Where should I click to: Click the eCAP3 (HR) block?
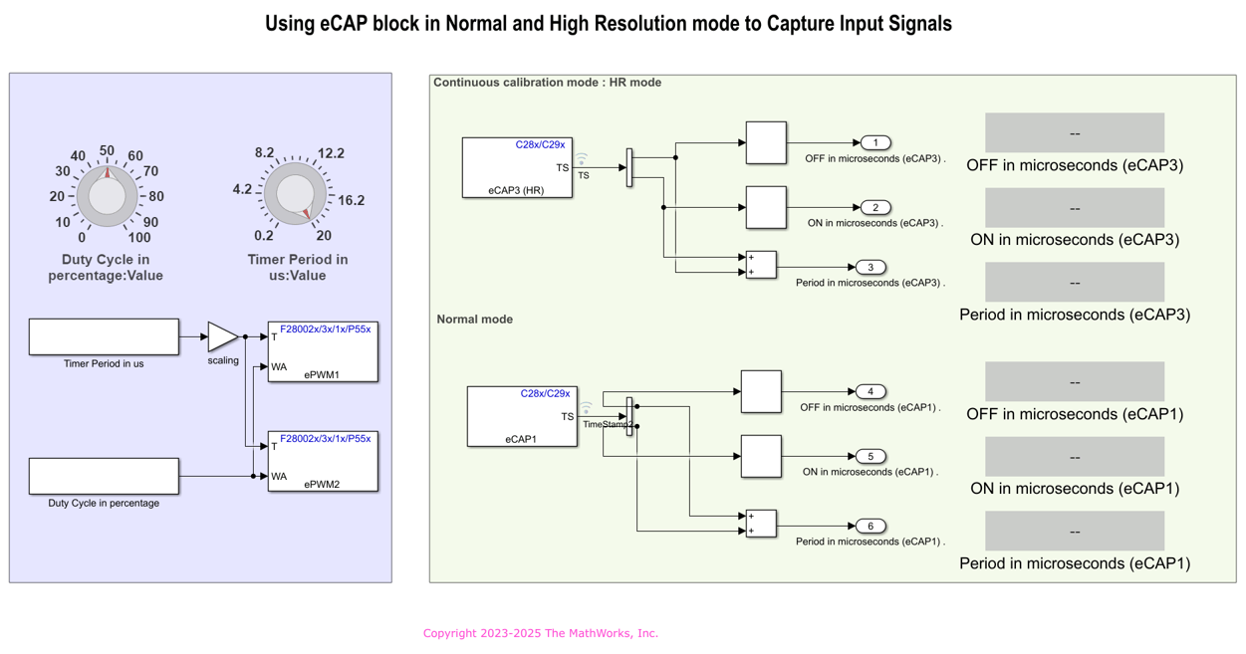click(517, 167)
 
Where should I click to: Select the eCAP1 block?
click(522, 416)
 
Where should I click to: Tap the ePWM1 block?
click(323, 351)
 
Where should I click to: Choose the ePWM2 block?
click(323, 461)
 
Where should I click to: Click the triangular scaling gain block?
click(222, 336)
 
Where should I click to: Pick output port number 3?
click(871, 268)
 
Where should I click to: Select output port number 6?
click(871, 527)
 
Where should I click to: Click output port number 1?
click(875, 143)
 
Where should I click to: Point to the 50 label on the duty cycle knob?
click(107, 150)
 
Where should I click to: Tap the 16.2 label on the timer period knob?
click(351, 200)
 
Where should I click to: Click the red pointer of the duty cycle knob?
click(108, 173)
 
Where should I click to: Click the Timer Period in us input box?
click(104, 336)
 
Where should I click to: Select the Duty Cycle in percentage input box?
click(104, 476)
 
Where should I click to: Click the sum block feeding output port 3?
click(761, 265)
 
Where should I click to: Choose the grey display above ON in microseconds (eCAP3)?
click(1075, 207)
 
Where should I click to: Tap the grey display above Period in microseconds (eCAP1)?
click(1075, 532)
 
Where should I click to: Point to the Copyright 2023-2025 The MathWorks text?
click(541, 633)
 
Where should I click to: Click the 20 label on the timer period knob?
click(324, 235)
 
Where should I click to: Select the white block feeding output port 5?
click(761, 456)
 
